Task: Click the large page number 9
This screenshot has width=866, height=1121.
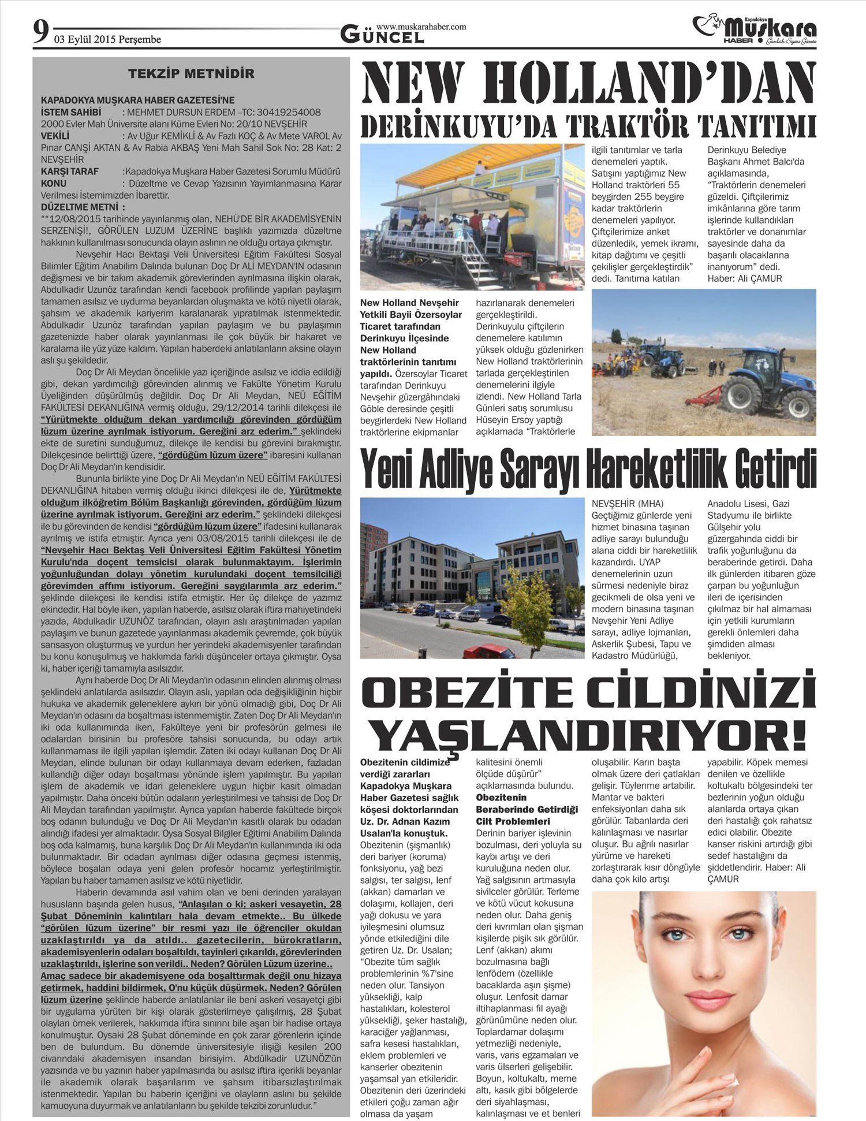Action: pos(40,33)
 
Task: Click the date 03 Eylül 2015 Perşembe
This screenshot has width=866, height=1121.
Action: pos(107,40)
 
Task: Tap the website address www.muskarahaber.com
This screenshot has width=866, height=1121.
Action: pos(421,27)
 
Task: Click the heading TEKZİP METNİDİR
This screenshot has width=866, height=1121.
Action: pos(191,73)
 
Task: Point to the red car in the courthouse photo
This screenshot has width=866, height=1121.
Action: pos(488,651)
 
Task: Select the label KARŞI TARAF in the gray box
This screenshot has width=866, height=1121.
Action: pos(69,172)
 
